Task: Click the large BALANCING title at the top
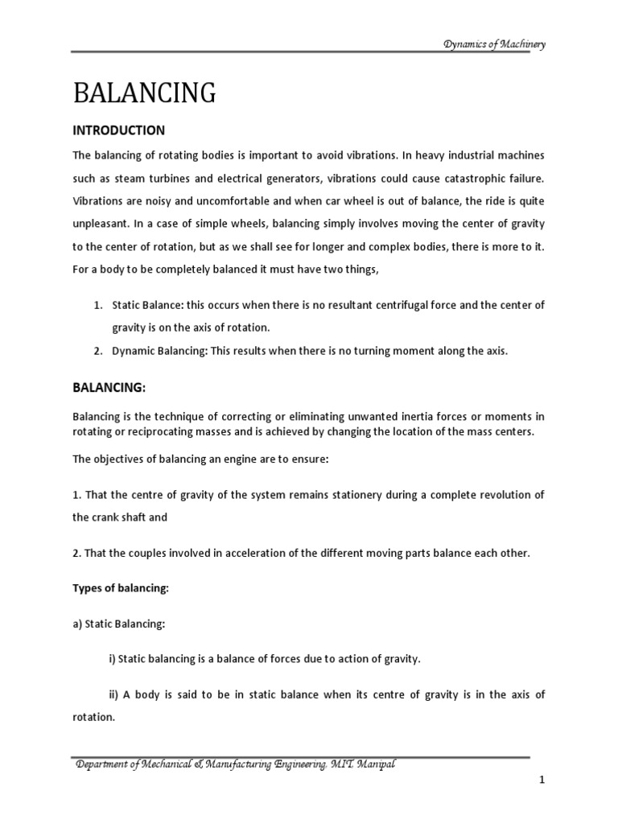pyautogui.click(x=144, y=93)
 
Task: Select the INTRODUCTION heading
pyautogui.click(x=118, y=130)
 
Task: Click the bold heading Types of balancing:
pyautogui.click(x=121, y=588)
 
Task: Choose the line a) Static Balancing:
pyautogui.click(x=117, y=624)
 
